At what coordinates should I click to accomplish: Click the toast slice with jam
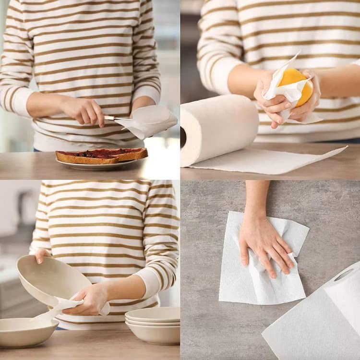click(101, 155)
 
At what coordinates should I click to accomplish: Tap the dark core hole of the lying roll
click(183, 137)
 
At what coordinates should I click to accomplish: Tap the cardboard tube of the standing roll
click(344, 275)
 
